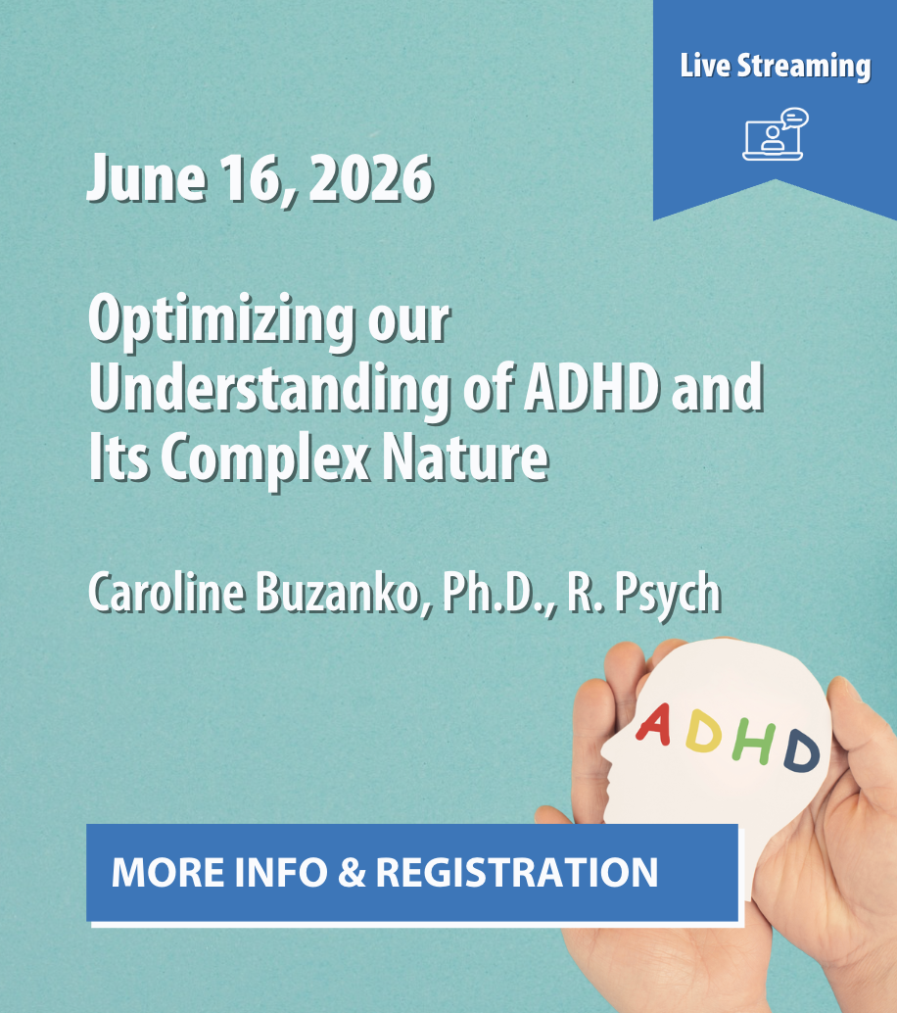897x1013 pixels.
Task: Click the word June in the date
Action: [147, 177]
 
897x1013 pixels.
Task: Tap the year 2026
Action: [371, 177]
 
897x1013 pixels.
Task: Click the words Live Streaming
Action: [775, 67]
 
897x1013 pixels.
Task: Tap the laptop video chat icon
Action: [775, 134]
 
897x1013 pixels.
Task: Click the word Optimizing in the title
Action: [221, 320]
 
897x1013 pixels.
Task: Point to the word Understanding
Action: [269, 388]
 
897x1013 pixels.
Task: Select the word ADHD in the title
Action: [591, 388]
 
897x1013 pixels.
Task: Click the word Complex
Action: [264, 458]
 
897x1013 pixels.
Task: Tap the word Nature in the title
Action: [465, 458]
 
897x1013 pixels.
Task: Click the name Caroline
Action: [166, 592]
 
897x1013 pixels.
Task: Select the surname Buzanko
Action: [344, 592]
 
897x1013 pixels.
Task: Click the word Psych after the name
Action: [668, 593]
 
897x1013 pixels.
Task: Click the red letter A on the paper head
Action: [653, 725]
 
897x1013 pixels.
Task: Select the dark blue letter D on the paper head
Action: [801, 750]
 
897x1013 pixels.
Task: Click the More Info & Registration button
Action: [412, 873]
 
